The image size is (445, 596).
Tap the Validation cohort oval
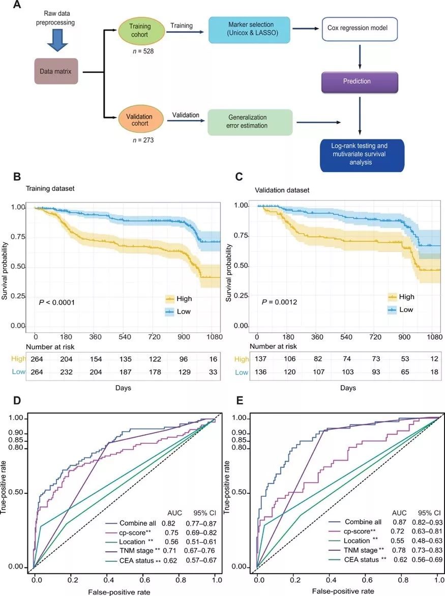138,117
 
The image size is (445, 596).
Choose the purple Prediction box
360,81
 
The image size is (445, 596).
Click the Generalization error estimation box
250,122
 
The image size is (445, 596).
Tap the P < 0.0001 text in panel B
57,303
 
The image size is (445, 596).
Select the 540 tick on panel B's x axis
123,337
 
